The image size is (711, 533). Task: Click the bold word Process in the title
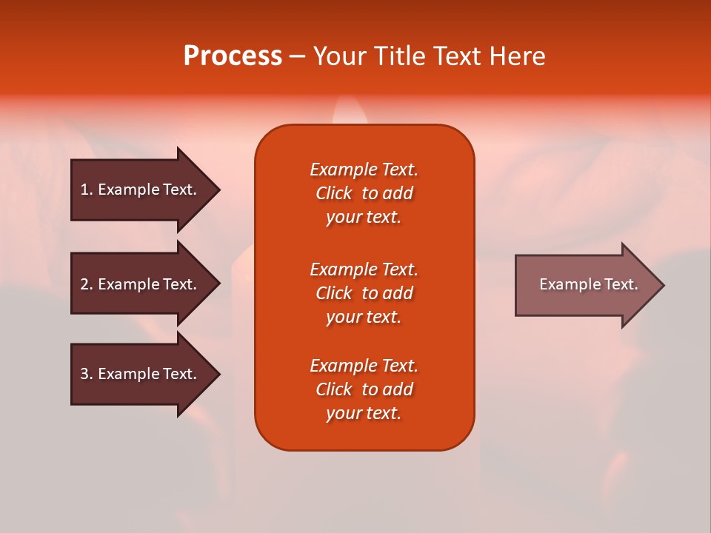point(233,56)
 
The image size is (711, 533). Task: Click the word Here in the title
point(518,56)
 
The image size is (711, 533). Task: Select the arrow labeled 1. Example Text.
point(141,190)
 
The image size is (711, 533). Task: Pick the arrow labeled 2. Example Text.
point(141,284)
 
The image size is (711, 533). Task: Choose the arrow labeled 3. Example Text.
point(141,374)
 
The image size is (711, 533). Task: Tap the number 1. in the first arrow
point(87,190)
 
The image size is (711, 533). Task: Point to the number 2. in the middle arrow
point(87,284)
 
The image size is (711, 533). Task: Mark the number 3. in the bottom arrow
point(87,374)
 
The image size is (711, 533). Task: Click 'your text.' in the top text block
point(364,217)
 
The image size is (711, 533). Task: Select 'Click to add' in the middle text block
point(364,293)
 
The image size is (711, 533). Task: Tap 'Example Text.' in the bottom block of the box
point(364,366)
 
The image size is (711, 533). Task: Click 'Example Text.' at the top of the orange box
point(364,170)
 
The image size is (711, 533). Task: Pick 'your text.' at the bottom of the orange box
point(364,413)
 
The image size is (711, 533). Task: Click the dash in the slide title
point(297,57)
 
